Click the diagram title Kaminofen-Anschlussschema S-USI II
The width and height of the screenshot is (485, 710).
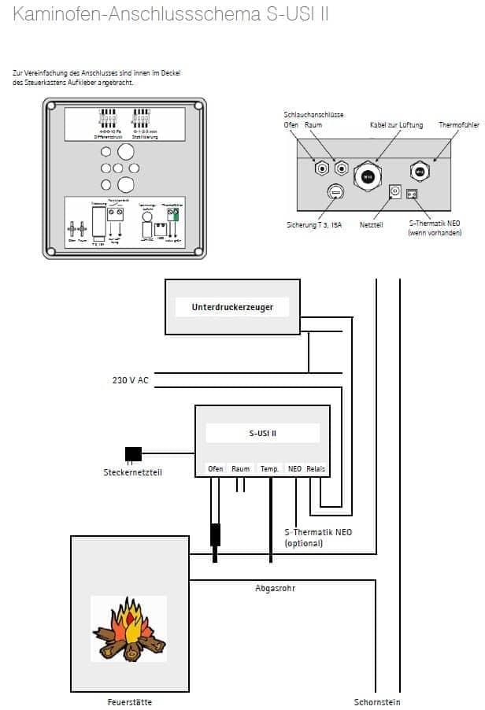tap(171, 15)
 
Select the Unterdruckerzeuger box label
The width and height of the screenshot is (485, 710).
tap(232, 306)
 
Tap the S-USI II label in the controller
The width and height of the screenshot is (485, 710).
tap(262, 433)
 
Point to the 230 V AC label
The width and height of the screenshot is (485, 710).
tap(130, 380)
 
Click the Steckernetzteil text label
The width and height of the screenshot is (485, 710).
tap(132, 472)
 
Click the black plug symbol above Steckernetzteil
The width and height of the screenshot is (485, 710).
tap(133, 453)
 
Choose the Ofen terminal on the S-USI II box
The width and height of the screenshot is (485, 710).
tap(215, 468)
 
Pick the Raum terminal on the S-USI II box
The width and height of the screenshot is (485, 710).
tap(241, 468)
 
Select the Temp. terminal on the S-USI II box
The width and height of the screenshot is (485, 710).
tap(270, 468)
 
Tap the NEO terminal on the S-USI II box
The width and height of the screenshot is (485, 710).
tap(295, 468)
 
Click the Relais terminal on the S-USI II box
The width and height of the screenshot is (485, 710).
tap(316, 468)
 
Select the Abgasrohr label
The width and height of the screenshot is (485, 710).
tap(274, 587)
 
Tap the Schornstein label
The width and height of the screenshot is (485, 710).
tap(377, 701)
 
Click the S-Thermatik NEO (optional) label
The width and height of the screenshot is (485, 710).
tap(317, 538)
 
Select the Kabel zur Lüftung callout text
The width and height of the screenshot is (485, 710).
tap(396, 125)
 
